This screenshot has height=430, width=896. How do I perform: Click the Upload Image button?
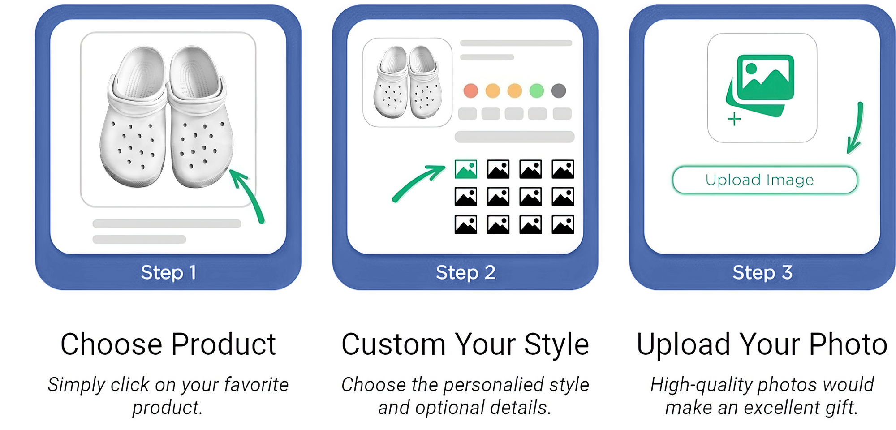click(x=765, y=180)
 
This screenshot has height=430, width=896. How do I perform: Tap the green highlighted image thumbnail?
click(x=466, y=169)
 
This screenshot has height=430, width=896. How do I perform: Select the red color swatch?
click(x=471, y=90)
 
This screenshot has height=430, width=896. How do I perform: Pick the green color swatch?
click(x=537, y=90)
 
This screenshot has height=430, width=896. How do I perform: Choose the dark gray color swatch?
click(x=559, y=90)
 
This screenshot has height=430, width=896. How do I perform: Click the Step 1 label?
click(x=168, y=272)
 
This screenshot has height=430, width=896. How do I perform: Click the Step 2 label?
click(x=465, y=272)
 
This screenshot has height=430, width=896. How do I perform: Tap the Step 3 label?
click(x=762, y=272)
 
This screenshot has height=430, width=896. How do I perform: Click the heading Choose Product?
click(x=168, y=344)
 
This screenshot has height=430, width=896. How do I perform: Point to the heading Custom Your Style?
click(x=465, y=344)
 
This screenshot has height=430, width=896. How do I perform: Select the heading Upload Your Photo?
click(x=762, y=344)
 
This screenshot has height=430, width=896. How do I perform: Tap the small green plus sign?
click(x=734, y=119)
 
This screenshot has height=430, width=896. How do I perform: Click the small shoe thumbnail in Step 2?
click(x=407, y=82)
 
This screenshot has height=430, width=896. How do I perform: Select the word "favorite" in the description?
click(x=256, y=385)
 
